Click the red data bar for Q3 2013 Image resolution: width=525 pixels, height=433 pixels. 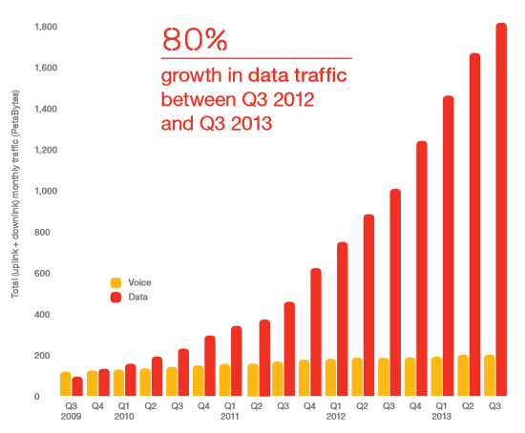pos(501,210)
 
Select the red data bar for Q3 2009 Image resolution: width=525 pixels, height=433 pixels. pos(77,386)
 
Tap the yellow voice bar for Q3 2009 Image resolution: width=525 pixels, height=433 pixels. pos(66,383)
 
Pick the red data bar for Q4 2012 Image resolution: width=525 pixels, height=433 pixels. pos(422,269)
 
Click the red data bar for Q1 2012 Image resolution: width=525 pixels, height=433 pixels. pos(342,320)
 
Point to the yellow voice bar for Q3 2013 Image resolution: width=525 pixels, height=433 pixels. pos(490,376)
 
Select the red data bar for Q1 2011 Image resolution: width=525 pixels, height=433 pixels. pos(237,361)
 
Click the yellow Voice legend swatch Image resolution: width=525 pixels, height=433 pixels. pos(115,282)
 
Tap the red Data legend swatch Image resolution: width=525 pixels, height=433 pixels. pos(115,298)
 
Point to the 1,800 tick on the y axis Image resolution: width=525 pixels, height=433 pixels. pos(46,27)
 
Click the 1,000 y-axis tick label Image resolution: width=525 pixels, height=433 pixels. pos(46,191)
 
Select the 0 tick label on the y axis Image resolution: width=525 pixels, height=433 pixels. pos(37,397)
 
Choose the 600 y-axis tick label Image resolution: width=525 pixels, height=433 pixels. pos(42,274)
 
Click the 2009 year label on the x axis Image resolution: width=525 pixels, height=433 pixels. pos(71,416)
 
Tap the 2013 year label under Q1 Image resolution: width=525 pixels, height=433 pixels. pos(441,416)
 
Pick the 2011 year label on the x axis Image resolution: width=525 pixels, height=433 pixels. pos(230,416)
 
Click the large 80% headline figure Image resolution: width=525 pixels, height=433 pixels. pos(195,39)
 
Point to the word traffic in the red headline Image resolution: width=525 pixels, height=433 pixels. pos(321,75)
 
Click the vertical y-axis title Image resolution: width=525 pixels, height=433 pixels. pos(15,194)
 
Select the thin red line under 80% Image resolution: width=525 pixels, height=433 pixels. pos(257,58)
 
